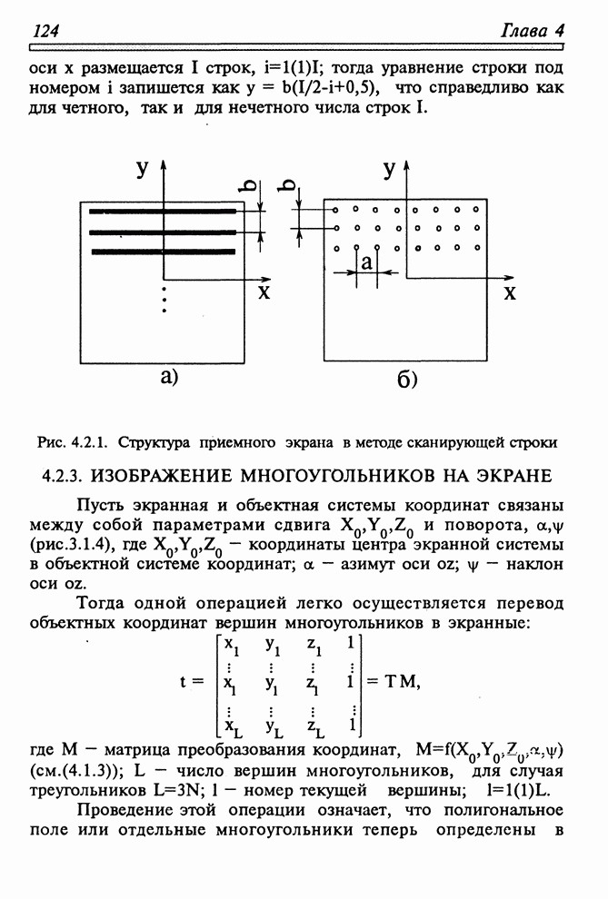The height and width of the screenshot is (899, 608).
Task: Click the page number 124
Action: coord(45,31)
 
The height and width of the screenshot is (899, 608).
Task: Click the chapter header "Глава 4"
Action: coord(533,31)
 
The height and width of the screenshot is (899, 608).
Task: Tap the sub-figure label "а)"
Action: coord(169,376)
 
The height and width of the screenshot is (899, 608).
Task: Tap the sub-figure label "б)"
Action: coord(406,379)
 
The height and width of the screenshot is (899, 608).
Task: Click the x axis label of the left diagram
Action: coord(263,291)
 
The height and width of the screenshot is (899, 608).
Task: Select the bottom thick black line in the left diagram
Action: coord(164,248)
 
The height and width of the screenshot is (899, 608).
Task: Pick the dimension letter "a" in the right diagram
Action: coord(366,262)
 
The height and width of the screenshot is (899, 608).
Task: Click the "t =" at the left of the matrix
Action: coord(192,683)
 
